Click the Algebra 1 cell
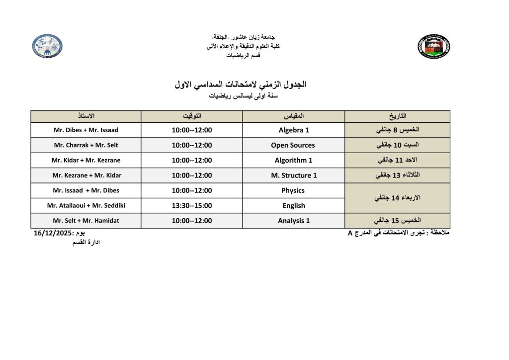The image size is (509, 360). [x=293, y=130]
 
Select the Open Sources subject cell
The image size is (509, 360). [x=293, y=145]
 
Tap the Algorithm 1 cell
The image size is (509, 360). [x=293, y=160]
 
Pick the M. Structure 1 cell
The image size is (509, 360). [x=293, y=175]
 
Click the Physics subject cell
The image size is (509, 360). [x=293, y=190]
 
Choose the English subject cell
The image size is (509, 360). [x=293, y=205]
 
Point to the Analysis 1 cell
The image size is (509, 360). [x=293, y=221]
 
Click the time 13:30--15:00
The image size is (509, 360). [x=192, y=205]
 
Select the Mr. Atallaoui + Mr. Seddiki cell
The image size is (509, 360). [x=86, y=205]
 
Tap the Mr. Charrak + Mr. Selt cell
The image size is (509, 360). [x=86, y=145]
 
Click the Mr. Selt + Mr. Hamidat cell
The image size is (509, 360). [x=86, y=221]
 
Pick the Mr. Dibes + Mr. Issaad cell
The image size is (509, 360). [x=86, y=130]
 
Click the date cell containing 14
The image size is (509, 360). [x=397, y=198]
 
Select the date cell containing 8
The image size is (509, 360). [x=397, y=130]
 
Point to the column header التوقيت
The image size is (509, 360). [x=192, y=116]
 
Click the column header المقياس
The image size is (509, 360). [x=293, y=116]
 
